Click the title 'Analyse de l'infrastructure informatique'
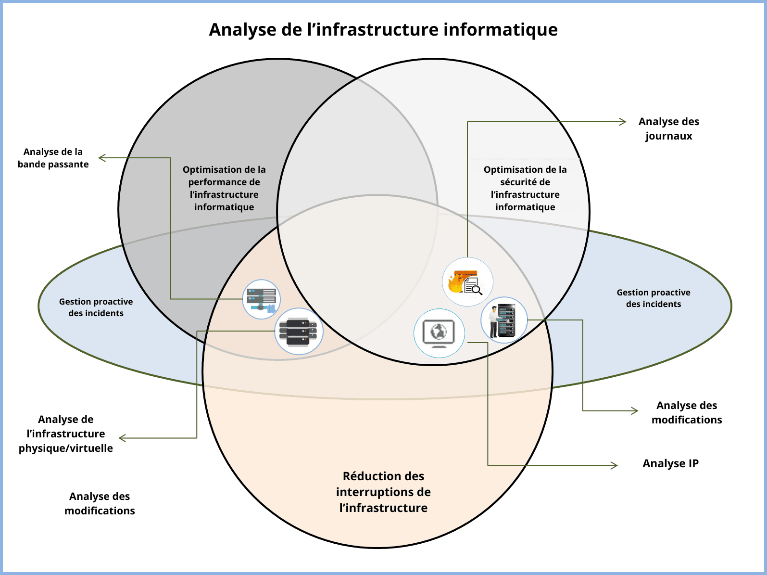click(383, 30)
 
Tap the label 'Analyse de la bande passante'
click(53, 158)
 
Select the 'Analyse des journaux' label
click(668, 128)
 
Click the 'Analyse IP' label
click(670, 463)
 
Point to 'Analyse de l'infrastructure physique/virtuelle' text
click(66, 434)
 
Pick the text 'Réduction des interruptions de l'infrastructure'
click(383, 492)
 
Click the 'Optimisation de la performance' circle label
click(224, 188)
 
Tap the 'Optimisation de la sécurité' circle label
click(525, 188)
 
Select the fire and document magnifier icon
click(467, 282)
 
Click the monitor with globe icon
click(439, 333)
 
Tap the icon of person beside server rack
click(504, 320)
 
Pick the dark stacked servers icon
click(299, 332)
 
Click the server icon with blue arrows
click(261, 299)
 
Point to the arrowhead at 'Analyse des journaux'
click(623, 122)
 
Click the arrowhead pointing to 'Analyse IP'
click(615, 465)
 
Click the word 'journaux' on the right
click(668, 136)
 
